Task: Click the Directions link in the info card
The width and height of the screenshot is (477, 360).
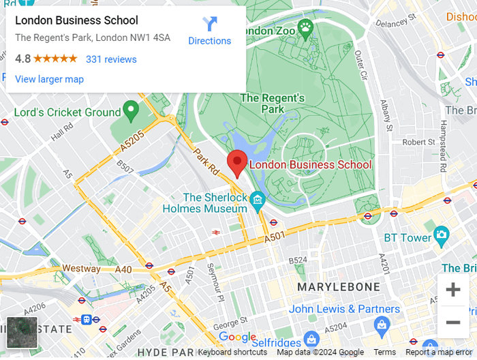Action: point(209,31)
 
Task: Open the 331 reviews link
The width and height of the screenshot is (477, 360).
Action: point(111,59)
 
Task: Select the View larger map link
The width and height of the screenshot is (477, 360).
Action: point(49,79)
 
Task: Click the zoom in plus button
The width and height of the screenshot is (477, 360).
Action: point(452,290)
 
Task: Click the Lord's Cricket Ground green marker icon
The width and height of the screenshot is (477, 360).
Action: point(130,111)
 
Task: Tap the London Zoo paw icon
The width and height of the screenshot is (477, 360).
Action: point(306,29)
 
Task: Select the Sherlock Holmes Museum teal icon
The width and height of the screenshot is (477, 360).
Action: point(257,199)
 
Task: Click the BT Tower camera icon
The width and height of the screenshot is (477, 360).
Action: point(442,237)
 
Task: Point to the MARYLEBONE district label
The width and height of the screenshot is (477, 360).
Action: point(338,287)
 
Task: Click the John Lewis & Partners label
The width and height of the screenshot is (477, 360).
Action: point(344,309)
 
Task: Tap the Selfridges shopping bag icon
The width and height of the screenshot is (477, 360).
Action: point(311,339)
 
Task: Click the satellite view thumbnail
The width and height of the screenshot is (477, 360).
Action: point(22,333)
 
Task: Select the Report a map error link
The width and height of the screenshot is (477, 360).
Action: point(438,352)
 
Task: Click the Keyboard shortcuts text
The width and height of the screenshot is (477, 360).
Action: point(232,352)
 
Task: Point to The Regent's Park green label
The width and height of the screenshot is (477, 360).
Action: point(272,103)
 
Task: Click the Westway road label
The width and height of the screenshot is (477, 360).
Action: point(81,269)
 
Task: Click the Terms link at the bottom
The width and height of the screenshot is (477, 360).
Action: point(384,352)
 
